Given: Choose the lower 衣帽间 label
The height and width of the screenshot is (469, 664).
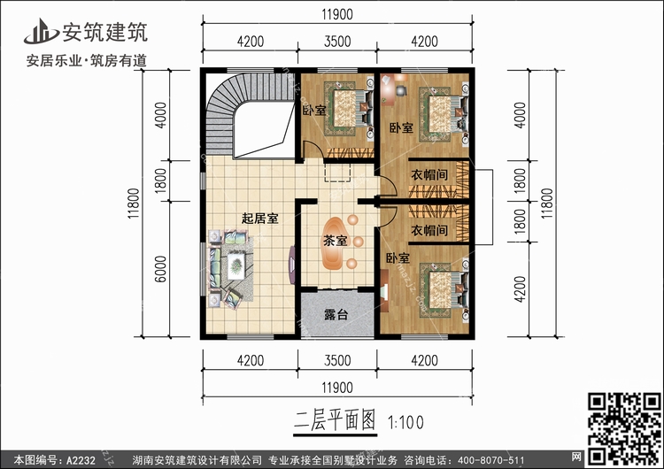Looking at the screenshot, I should click(428, 230).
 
